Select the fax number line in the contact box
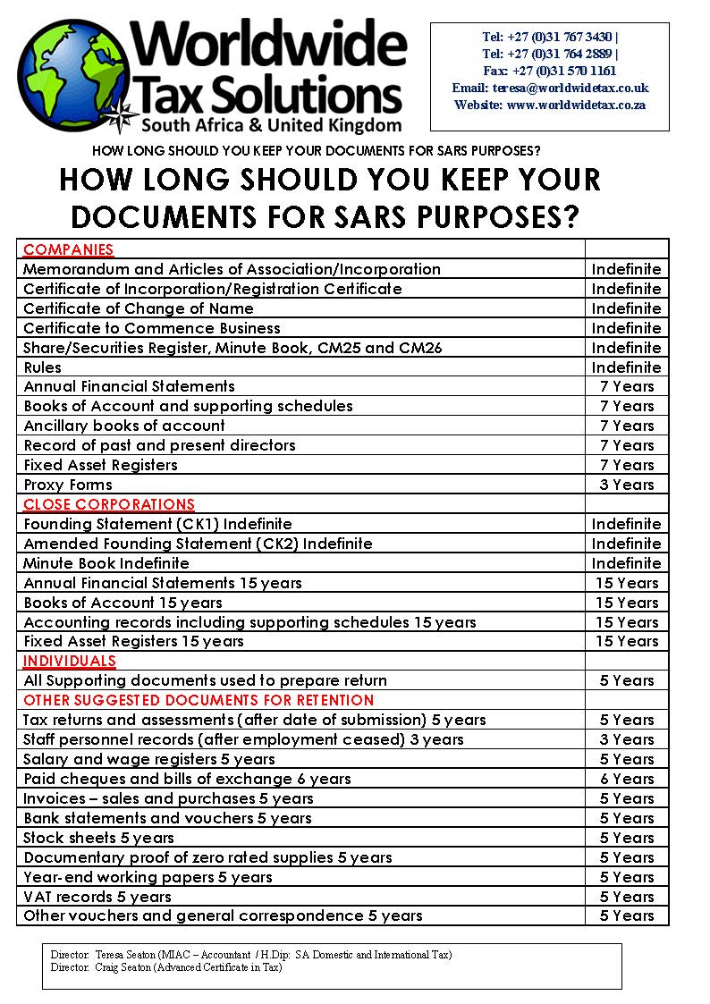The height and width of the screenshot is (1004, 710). [549, 71]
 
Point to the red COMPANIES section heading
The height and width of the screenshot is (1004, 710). [69, 249]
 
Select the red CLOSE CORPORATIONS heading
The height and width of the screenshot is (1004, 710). [109, 504]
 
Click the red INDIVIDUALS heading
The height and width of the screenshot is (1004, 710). [70, 661]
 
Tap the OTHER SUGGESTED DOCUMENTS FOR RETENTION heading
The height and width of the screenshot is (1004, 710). [199, 700]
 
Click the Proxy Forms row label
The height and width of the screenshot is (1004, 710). [68, 485]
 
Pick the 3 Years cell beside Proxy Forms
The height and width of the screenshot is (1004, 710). [627, 485]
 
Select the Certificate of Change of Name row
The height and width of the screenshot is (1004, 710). [139, 308]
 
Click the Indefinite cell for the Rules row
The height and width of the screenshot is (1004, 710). [626, 367]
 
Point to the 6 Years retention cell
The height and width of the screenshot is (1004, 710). [627, 779]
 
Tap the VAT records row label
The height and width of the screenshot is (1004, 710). [97, 897]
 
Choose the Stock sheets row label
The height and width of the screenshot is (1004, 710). [99, 838]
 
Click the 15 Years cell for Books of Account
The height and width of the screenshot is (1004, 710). [627, 603]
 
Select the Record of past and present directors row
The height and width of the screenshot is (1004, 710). [159, 445]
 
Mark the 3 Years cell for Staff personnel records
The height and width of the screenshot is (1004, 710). [627, 739]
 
